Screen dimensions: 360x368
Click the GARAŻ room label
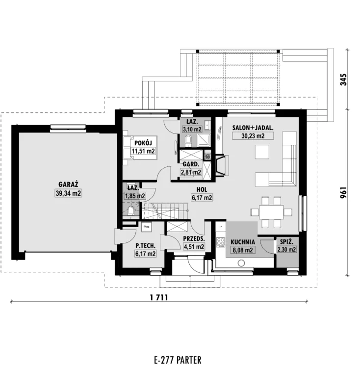click(68, 184)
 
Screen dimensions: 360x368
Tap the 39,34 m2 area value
click(68, 193)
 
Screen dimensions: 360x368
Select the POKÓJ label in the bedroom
click(143, 143)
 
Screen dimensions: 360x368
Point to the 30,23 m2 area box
click(253, 136)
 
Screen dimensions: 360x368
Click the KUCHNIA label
click(242, 242)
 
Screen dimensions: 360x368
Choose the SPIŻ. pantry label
click(286, 241)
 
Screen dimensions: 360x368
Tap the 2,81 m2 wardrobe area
click(191, 172)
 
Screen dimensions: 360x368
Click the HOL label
click(202, 189)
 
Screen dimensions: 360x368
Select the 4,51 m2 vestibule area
click(193, 247)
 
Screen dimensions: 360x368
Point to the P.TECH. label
click(145, 246)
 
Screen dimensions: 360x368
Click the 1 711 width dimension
click(159, 298)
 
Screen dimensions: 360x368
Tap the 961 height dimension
click(343, 192)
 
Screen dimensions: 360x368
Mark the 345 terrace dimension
click(343, 79)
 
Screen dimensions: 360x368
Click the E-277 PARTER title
click(178, 360)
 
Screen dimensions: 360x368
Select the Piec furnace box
click(147, 227)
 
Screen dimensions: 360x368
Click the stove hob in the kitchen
click(221, 242)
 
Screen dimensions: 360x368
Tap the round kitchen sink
click(241, 263)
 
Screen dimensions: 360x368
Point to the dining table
click(271, 212)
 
